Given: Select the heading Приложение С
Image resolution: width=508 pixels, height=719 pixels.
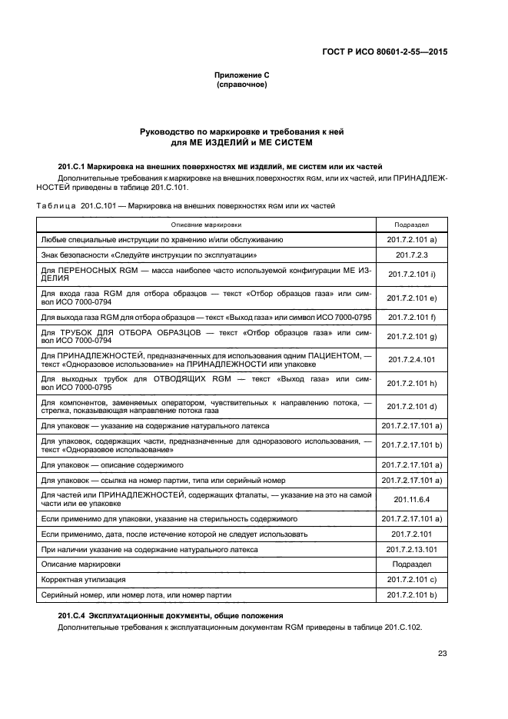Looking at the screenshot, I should tap(241, 75).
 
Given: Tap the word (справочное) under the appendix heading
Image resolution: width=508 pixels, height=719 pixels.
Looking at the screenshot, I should tap(241, 85).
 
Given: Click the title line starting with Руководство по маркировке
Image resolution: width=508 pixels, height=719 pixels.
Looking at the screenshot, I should tap(241, 131).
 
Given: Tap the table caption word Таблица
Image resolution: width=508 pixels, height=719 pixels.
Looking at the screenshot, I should tap(53, 205).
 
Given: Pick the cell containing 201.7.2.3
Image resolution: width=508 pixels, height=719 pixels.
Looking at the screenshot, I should tap(412, 254).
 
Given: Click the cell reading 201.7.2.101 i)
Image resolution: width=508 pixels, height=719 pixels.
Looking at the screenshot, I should tap(412, 274).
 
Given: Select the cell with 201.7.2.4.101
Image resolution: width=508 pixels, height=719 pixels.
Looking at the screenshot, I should tap(412, 359).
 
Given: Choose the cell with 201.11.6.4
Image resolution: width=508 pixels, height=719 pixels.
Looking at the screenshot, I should tap(412, 499).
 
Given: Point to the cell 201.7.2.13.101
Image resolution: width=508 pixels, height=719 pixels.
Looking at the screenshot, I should tap(412, 549).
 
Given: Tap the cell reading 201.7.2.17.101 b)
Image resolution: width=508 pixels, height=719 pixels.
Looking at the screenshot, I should tap(412, 444).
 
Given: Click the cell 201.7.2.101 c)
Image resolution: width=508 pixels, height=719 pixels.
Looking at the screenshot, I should tap(412, 579).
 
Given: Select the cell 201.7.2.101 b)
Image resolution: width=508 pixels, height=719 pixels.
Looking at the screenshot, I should tap(412, 594).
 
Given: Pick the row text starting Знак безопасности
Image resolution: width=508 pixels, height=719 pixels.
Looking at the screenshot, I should tap(148, 254).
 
